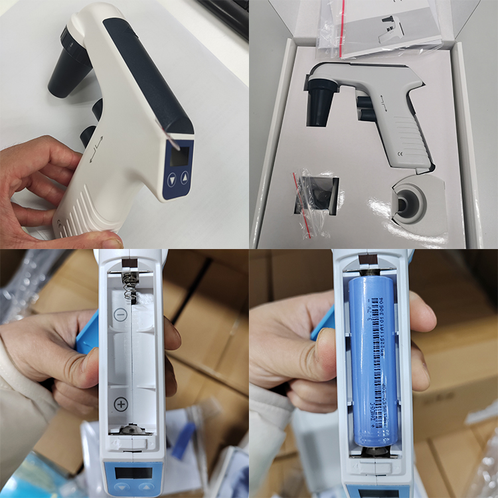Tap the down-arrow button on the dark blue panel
tap(173, 179)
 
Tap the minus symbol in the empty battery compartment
tap(120, 315)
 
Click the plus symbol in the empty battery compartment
tap(121, 404)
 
